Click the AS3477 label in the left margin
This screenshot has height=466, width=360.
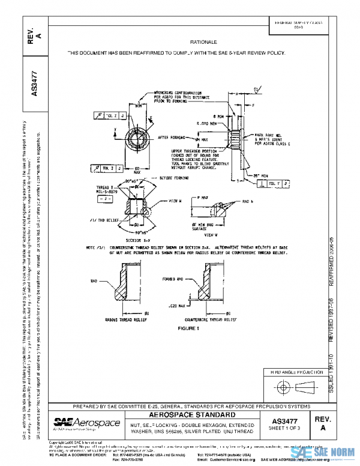tap(34, 85)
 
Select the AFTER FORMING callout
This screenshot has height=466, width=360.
tap(172, 138)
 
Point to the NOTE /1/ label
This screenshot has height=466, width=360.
tap(96, 247)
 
